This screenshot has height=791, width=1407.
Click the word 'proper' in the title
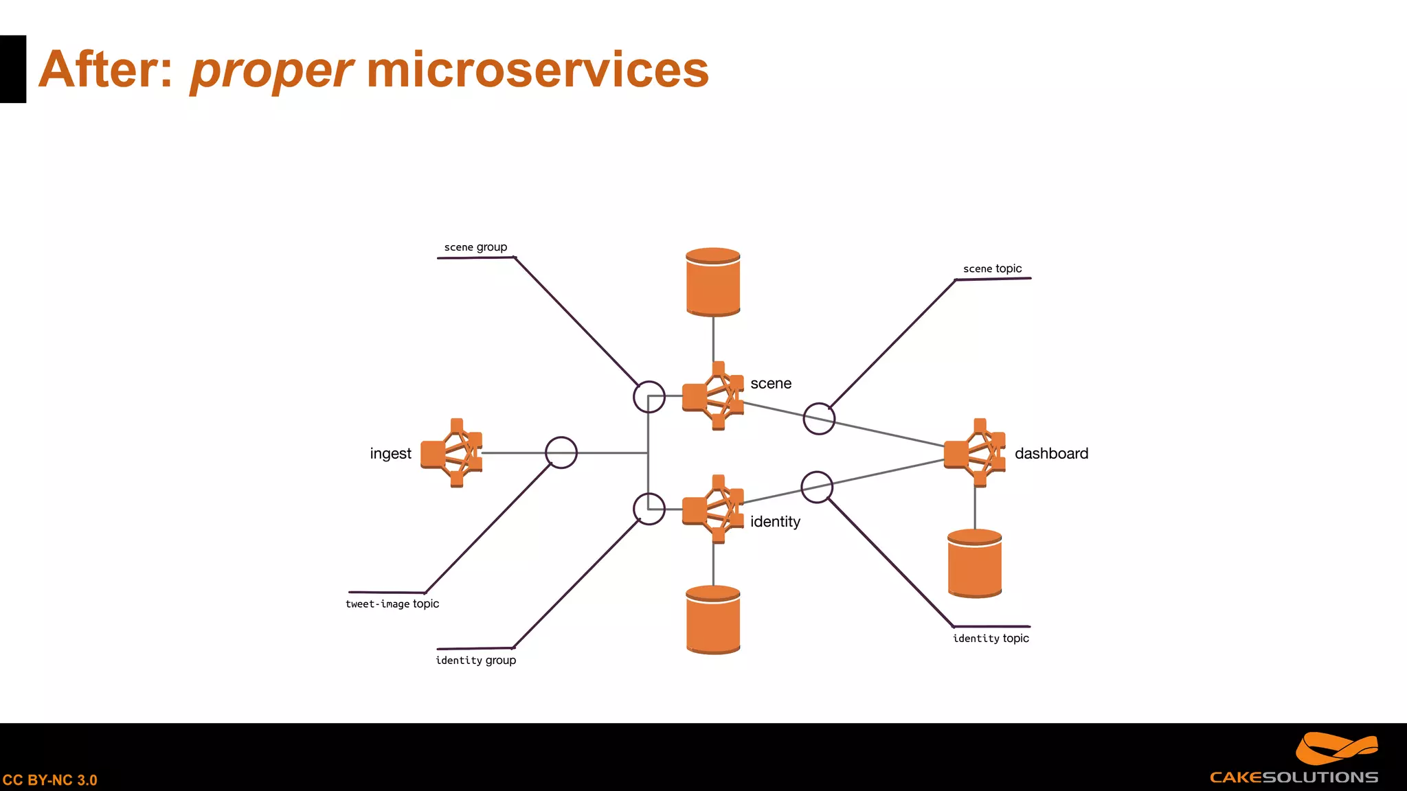271,71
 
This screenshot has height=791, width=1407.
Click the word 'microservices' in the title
537,70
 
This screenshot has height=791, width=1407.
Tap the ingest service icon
451,453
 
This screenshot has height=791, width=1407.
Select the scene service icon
713,396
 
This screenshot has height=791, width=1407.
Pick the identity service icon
713,509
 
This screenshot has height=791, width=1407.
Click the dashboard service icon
974,453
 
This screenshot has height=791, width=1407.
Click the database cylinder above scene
713,282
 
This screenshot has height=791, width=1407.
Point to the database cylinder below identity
713,620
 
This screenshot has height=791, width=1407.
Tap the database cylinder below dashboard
974,564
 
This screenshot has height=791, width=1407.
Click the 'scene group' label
475,247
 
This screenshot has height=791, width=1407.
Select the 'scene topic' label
992,268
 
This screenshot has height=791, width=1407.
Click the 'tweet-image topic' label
392,604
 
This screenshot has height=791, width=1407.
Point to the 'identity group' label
475,661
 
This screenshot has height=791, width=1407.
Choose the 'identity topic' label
991,639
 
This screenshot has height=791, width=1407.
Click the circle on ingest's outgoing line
561,453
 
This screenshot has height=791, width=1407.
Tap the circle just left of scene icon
649,397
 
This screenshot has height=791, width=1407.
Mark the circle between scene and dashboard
819,419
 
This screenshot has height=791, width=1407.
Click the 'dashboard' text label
1051,454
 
